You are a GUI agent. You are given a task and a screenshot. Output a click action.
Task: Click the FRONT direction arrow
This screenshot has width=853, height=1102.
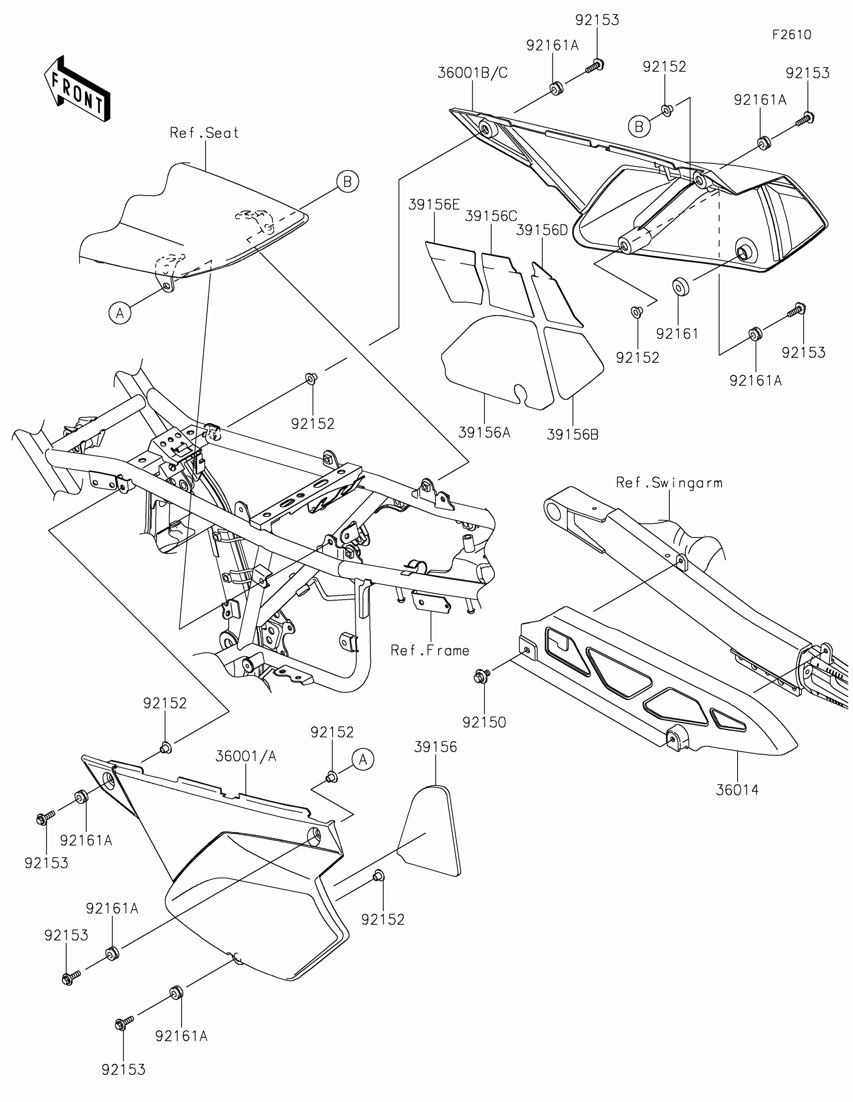77,89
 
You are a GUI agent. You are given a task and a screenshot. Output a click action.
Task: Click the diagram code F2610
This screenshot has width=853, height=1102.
791,35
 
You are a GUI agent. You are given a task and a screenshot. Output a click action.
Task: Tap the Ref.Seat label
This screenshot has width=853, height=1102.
204,133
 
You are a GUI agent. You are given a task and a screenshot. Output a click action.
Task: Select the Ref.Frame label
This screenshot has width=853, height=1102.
430,651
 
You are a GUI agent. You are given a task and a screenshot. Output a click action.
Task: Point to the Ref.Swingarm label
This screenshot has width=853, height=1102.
669,483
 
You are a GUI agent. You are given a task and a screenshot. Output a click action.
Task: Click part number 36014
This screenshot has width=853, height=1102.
737,790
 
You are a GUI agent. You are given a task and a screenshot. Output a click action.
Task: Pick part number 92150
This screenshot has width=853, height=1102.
484,723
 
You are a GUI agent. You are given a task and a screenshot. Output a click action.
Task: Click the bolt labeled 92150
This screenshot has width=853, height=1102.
480,676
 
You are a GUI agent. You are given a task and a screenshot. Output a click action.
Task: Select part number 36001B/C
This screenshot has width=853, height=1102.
472,73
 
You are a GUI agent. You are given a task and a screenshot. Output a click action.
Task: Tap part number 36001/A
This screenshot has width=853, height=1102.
246,756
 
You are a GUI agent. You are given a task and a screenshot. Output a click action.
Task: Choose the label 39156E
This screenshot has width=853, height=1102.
434,205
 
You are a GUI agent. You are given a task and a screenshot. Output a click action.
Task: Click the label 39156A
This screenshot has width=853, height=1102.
484,433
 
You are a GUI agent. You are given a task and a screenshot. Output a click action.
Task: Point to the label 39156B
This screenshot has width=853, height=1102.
573,435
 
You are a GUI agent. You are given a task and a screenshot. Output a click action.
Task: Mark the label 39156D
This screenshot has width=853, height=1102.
542,230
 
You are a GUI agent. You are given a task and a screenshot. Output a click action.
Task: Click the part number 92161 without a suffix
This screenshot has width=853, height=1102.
677,334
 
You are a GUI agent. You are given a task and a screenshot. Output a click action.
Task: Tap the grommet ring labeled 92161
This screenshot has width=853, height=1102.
680,287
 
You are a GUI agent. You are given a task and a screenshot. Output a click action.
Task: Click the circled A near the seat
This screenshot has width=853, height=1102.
120,313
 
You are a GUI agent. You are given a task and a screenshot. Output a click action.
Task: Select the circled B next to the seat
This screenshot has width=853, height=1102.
348,182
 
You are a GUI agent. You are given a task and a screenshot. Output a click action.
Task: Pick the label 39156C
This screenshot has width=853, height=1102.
491,216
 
